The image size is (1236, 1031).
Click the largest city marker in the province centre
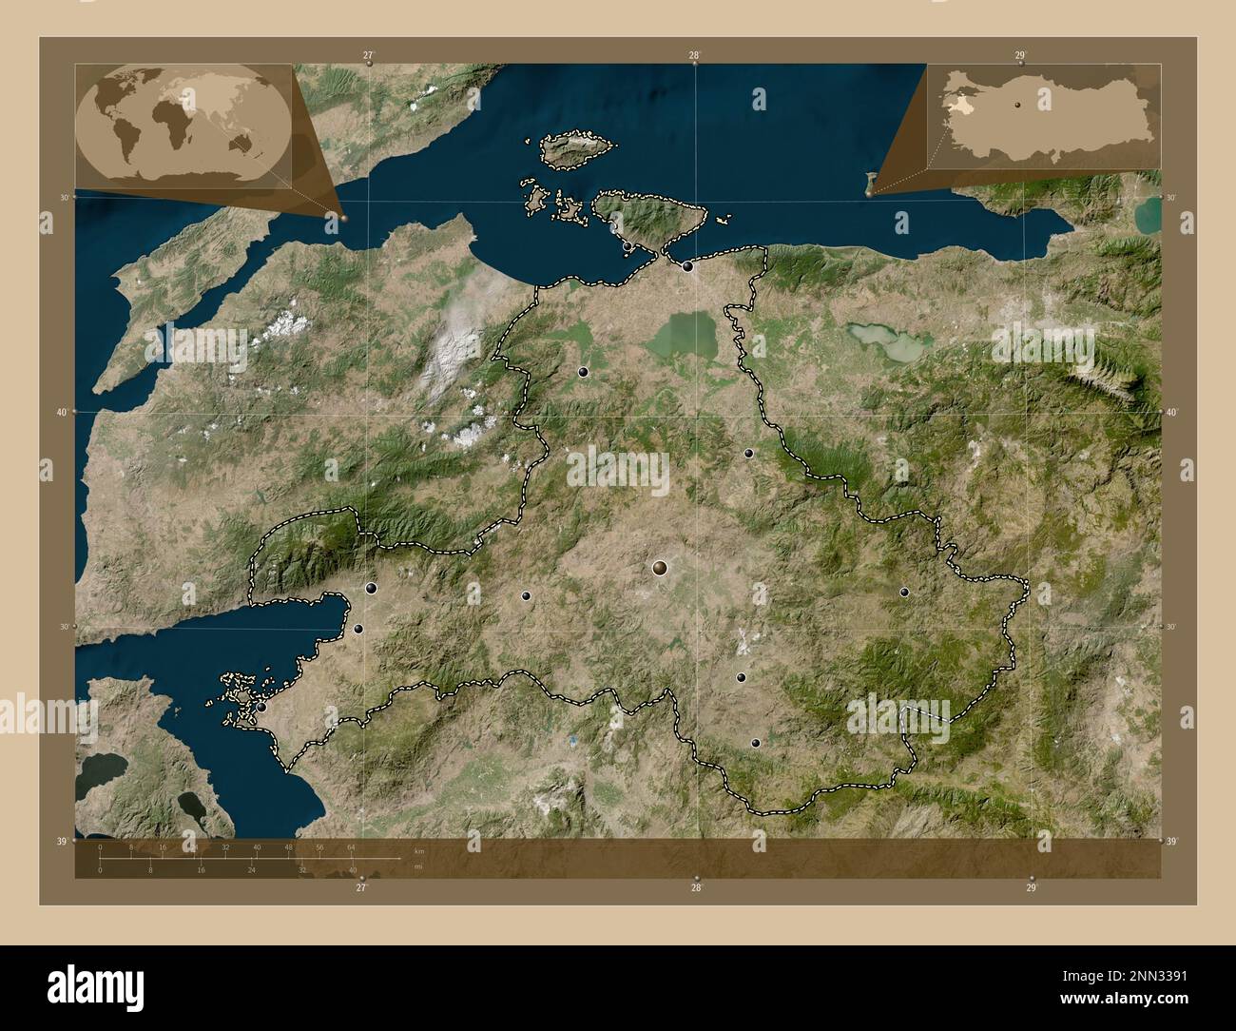click(660, 568)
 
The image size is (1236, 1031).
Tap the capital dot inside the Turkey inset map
click(1017, 105)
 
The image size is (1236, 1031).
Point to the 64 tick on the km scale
click(351, 846)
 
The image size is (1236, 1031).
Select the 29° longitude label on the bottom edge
click(1032, 887)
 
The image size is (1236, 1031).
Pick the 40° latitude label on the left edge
click(62, 412)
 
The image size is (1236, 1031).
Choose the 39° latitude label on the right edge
click(1173, 842)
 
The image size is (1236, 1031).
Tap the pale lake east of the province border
click(884, 340)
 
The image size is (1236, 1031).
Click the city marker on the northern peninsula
click(628, 247)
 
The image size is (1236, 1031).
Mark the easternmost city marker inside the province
click(904, 592)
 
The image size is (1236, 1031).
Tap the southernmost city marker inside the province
click(756, 743)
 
